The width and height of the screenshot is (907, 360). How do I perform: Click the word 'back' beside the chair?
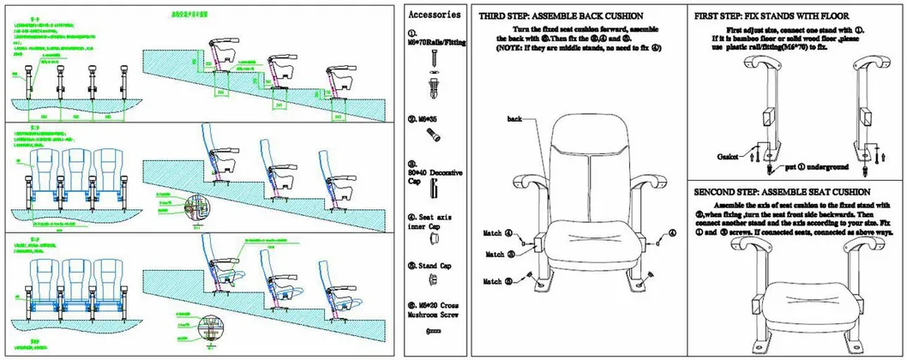pos(514,118)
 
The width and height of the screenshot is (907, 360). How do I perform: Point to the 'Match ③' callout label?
pos(498,255)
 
